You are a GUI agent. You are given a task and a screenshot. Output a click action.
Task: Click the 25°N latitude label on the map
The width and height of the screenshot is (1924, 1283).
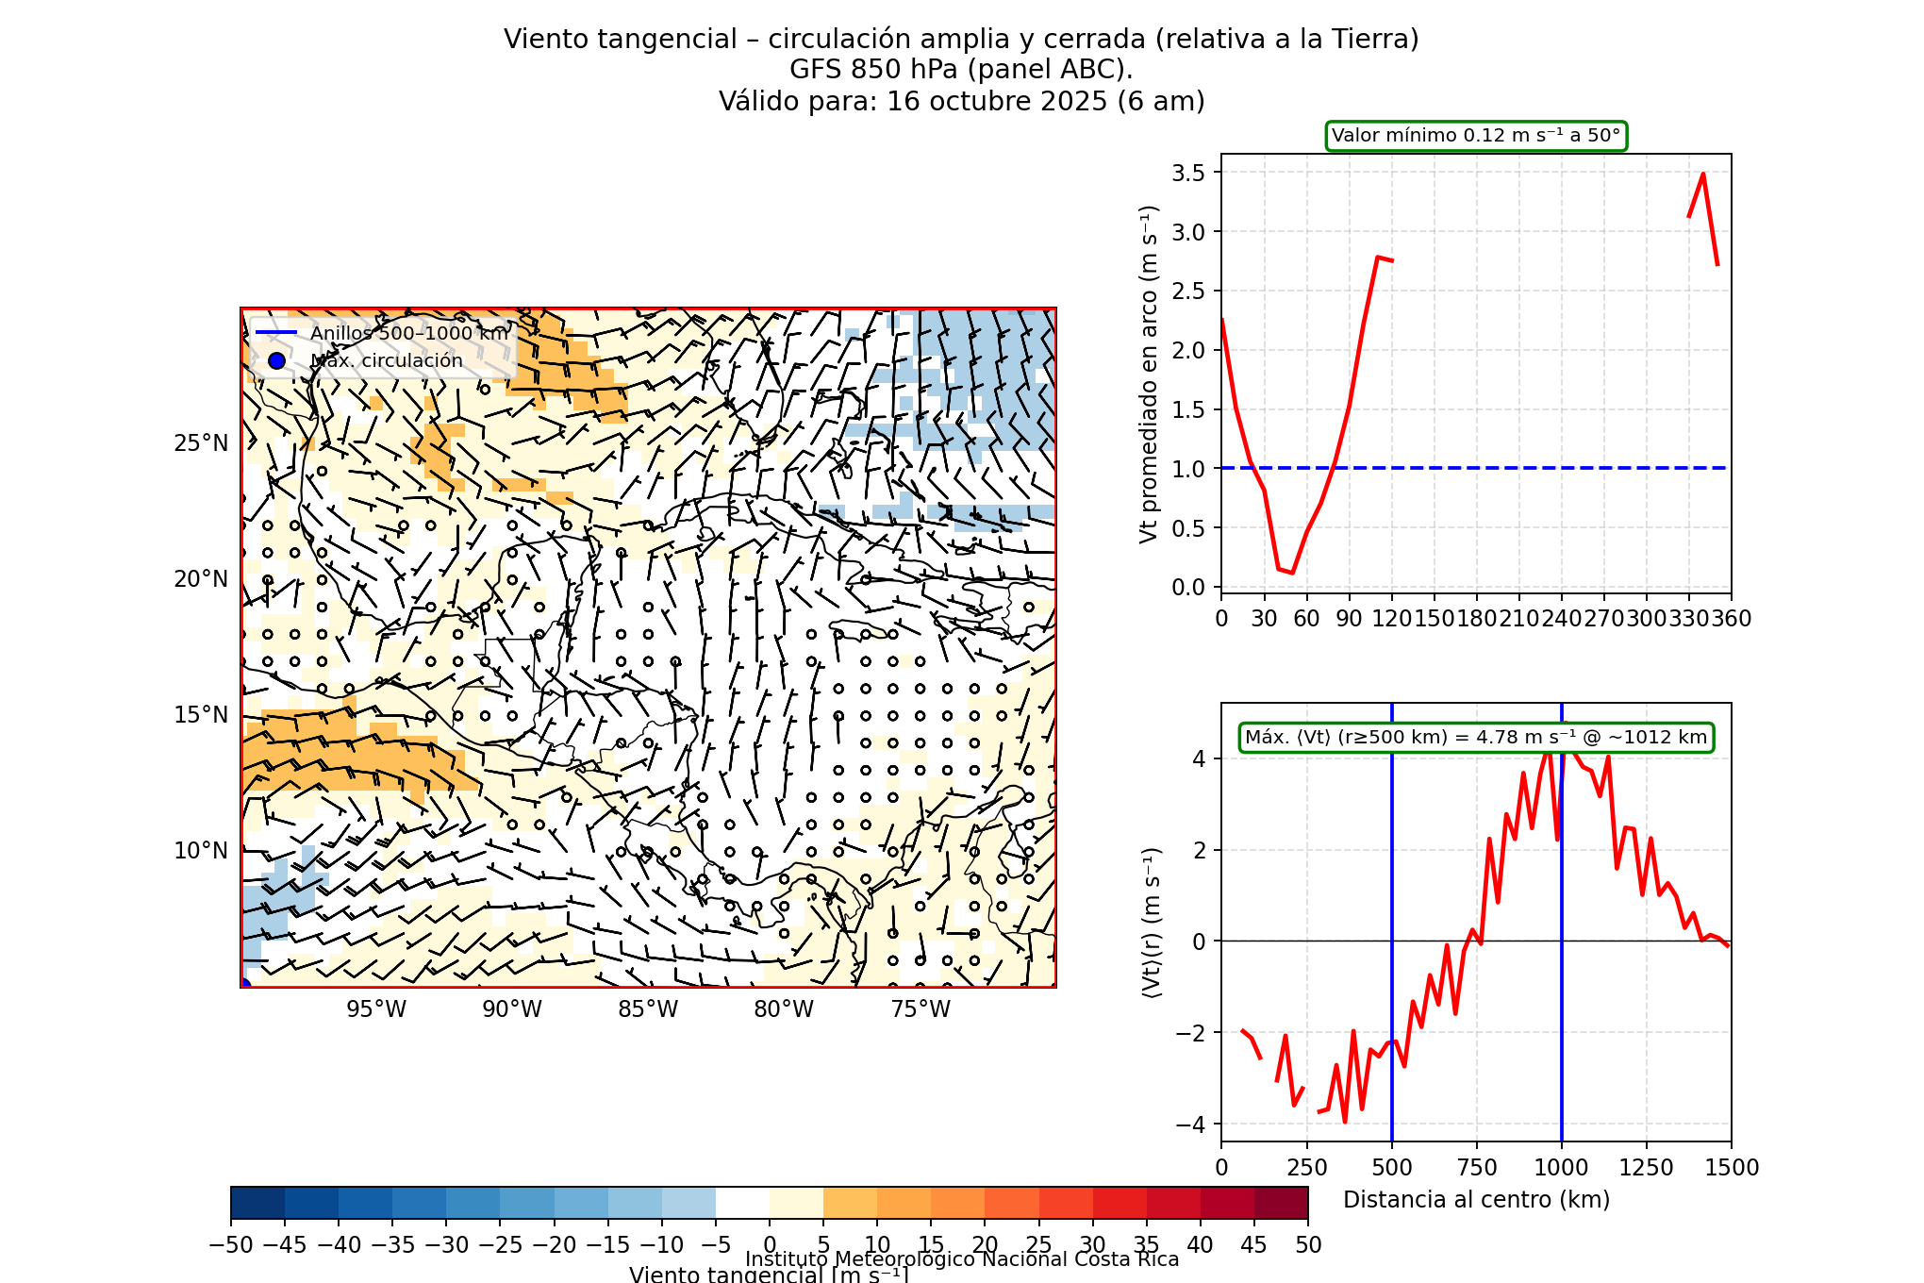pyautogui.click(x=201, y=443)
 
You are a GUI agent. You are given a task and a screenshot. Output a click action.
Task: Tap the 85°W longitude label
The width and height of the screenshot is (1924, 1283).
pyautogui.click(x=648, y=1009)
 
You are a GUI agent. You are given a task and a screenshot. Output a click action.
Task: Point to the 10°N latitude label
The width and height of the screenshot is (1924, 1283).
pyautogui.click(x=201, y=851)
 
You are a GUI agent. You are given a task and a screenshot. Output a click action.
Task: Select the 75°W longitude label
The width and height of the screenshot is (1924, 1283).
pyautogui.click(x=921, y=1009)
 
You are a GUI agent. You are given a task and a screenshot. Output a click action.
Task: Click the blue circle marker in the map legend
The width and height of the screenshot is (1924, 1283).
pyautogui.click(x=276, y=360)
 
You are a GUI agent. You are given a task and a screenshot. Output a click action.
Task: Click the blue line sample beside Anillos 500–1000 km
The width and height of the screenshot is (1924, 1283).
pyautogui.click(x=276, y=333)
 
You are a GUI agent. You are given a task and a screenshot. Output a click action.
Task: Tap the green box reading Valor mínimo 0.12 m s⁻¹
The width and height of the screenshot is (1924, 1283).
pyautogui.click(x=1476, y=136)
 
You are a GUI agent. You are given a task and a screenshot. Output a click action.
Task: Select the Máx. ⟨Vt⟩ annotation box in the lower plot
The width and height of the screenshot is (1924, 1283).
pyautogui.click(x=1476, y=738)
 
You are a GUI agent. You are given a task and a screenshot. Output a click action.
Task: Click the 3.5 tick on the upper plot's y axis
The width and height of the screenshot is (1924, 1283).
pyautogui.click(x=1188, y=173)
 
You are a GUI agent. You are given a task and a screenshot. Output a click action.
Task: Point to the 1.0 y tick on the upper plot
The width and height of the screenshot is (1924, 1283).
pyautogui.click(x=1188, y=469)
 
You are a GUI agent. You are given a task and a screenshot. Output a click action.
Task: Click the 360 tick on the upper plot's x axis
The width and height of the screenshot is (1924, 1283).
pyautogui.click(x=1732, y=619)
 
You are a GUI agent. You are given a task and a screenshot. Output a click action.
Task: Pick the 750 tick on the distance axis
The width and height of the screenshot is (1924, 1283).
pyautogui.click(x=1477, y=1168)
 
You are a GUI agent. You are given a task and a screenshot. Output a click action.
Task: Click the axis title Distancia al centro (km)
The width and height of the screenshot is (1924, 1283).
pyautogui.click(x=1476, y=1200)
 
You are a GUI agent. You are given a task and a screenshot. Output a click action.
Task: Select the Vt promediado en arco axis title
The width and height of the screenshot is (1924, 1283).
pyautogui.click(x=1148, y=374)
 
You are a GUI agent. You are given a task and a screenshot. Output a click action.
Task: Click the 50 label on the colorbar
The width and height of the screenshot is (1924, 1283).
pyautogui.click(x=1308, y=1245)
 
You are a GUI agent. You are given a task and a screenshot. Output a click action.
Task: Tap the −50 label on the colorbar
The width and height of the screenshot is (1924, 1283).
pyautogui.click(x=231, y=1245)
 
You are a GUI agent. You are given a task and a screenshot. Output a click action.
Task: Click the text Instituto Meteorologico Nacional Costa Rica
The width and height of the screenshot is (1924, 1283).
pyautogui.click(x=962, y=1259)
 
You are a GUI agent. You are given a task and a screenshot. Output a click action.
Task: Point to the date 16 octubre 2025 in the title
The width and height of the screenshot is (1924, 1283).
pyautogui.click(x=997, y=101)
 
